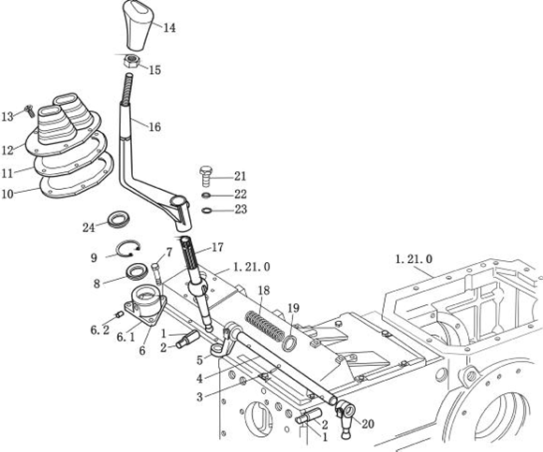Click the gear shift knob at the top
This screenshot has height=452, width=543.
[x=139, y=25]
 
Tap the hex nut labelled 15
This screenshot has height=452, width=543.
[x=132, y=62]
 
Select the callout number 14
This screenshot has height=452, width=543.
[x=169, y=28]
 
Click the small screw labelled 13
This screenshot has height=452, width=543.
[x=28, y=110]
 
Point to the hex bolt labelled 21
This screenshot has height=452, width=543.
[x=207, y=176]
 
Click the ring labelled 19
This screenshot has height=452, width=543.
[x=290, y=343]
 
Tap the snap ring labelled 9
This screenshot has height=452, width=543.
[x=128, y=249]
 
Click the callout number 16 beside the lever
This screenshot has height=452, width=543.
[x=154, y=127]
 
